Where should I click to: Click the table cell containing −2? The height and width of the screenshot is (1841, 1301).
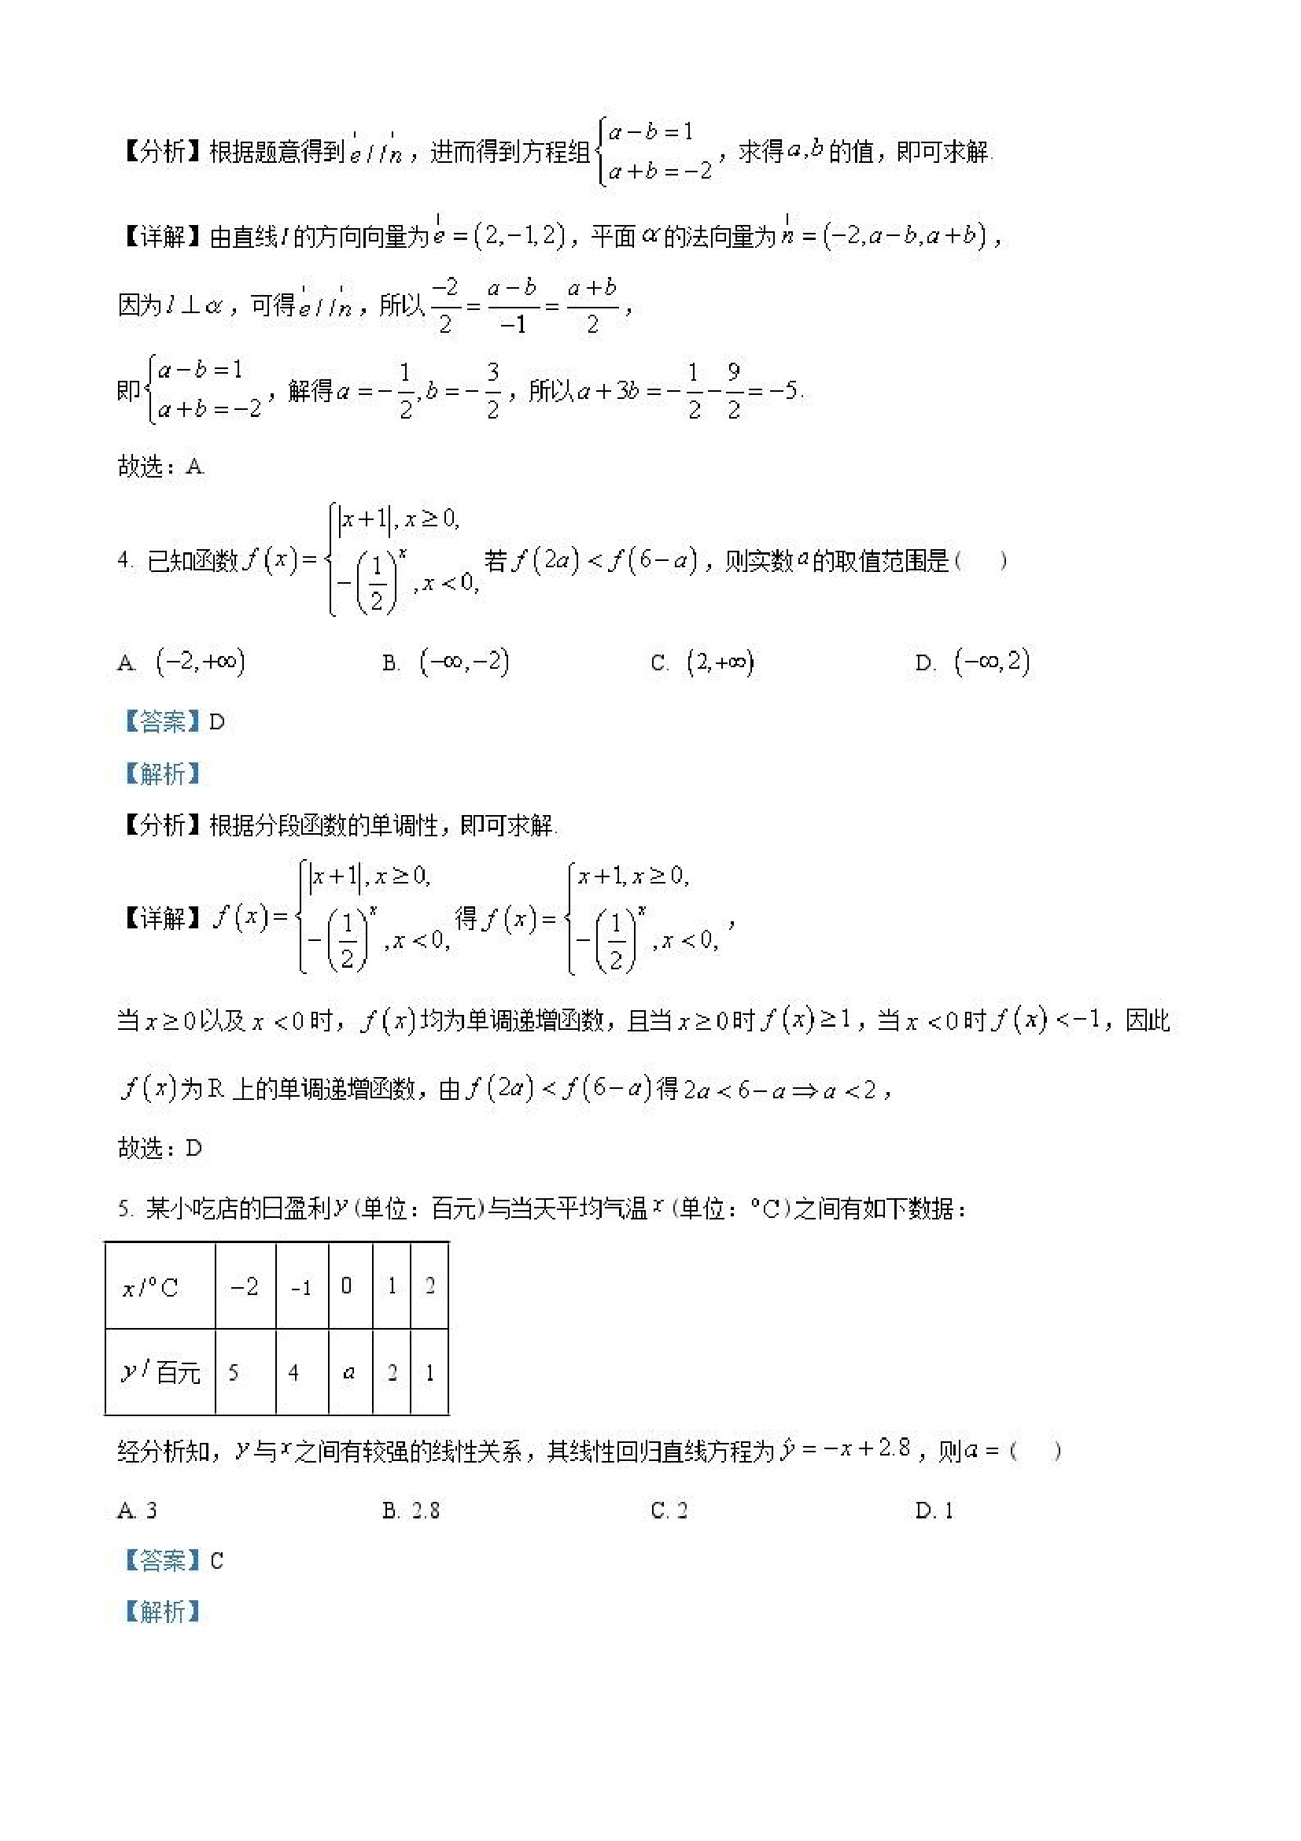245,1287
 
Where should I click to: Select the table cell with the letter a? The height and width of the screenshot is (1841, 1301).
348,1372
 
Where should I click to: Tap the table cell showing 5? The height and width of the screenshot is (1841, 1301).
234,1373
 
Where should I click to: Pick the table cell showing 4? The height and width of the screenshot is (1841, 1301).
293,1373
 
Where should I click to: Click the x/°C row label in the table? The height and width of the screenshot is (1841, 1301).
151,1288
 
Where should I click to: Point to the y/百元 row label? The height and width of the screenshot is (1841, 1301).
160,1372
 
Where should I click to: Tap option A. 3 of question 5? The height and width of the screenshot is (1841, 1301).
137,1511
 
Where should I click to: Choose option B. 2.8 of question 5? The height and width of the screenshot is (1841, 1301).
411,1511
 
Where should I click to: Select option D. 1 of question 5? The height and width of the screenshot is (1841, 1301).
934,1511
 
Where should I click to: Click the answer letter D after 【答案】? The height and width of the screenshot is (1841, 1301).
217,721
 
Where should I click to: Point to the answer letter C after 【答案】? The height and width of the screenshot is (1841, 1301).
216,1560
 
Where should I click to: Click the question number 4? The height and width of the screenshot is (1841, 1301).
123,560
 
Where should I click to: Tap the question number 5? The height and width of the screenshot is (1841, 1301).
123,1208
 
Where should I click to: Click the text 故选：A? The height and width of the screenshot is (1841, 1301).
161,466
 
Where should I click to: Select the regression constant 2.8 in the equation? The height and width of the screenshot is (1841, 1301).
894,1448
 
